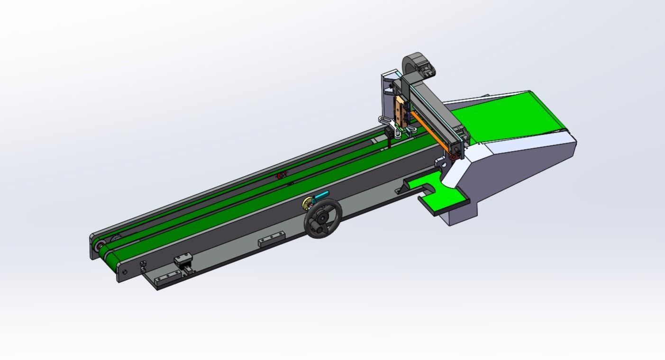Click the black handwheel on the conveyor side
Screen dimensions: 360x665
click(x=323, y=218)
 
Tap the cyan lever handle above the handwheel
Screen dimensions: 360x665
click(x=322, y=195)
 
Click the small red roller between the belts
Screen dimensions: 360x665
click(x=281, y=176)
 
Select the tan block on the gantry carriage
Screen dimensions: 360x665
click(x=401, y=111)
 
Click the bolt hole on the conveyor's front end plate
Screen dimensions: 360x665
click(x=124, y=272)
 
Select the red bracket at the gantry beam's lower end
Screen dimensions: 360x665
click(x=454, y=153)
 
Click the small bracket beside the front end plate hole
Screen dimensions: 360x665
click(x=143, y=266)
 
